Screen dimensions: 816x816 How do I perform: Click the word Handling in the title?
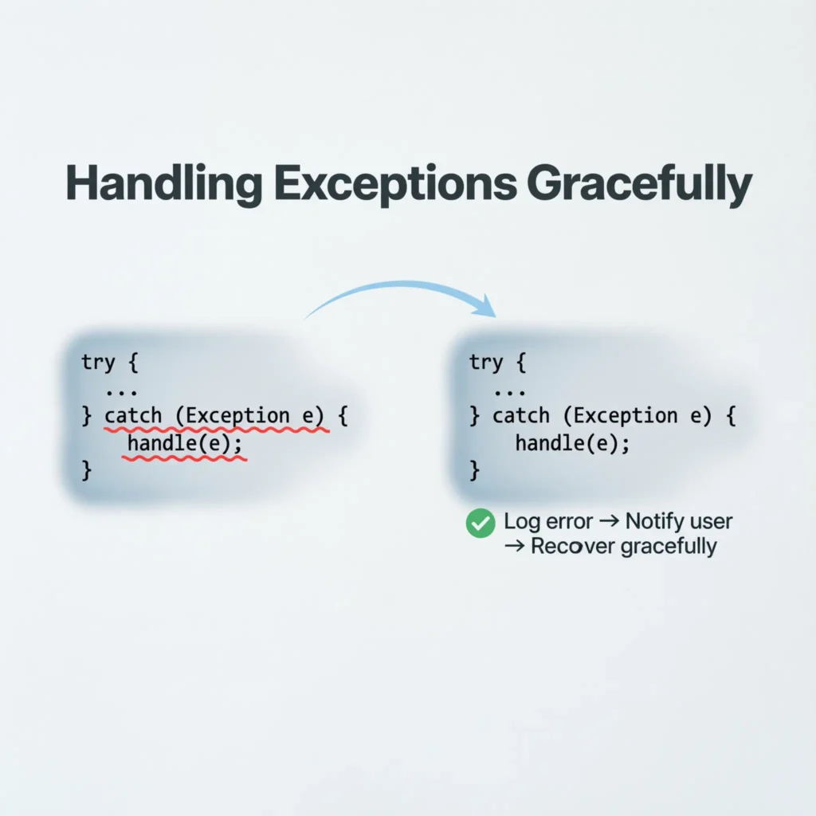pyautogui.click(x=163, y=183)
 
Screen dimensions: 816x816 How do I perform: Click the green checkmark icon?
pyautogui.click(x=480, y=523)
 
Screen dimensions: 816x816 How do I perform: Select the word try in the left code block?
pyautogui.click(x=98, y=363)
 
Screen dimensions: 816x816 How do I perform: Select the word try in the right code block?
pyautogui.click(x=486, y=363)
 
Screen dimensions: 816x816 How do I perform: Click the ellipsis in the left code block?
pyautogui.click(x=120, y=390)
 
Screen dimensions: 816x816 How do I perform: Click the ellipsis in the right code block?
pyautogui.click(x=509, y=390)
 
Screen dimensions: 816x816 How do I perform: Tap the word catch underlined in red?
pyautogui.click(x=133, y=416)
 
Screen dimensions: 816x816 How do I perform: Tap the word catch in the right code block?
pyautogui.click(x=521, y=416)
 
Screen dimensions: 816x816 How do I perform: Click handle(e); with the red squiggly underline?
pyautogui.click(x=183, y=444)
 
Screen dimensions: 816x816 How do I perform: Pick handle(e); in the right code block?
pyautogui.click(x=572, y=444)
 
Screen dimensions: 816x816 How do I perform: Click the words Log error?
pyautogui.click(x=548, y=522)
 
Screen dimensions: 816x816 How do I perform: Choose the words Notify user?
pyautogui.click(x=679, y=522)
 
